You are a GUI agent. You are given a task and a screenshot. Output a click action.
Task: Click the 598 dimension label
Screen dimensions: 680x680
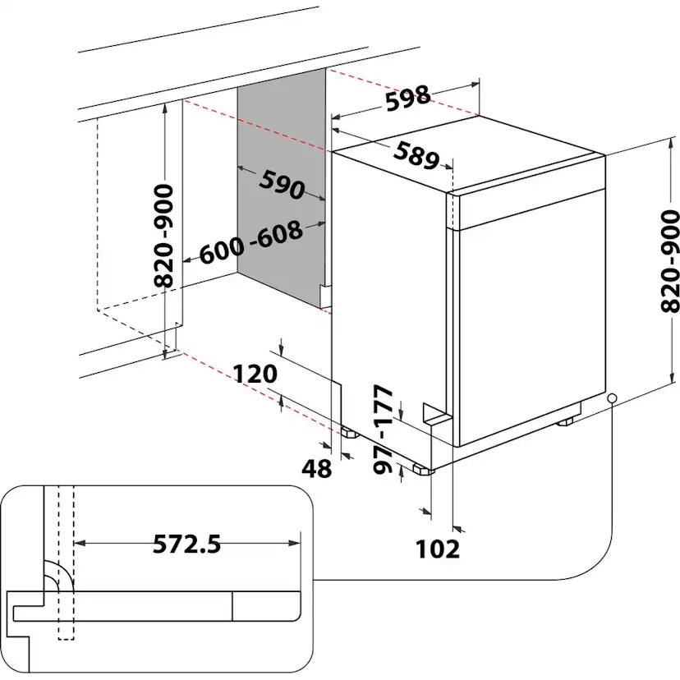coord(409,98)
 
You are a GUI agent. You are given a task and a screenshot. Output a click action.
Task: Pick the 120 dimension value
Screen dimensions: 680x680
coord(255,374)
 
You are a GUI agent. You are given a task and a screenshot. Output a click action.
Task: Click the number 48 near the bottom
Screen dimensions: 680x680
coord(316,469)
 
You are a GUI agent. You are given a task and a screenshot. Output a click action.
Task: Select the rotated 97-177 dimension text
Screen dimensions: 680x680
coord(384,430)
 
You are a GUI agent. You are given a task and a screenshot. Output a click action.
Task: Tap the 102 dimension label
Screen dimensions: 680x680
coord(439,548)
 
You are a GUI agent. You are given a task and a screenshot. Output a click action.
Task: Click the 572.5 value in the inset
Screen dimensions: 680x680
coord(187,543)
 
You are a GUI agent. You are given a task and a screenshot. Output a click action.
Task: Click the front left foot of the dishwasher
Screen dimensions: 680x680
coord(423,471)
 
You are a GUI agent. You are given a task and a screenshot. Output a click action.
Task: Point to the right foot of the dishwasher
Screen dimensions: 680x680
coord(567,420)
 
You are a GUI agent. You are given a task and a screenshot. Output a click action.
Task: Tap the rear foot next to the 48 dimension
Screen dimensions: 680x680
coord(348,432)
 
